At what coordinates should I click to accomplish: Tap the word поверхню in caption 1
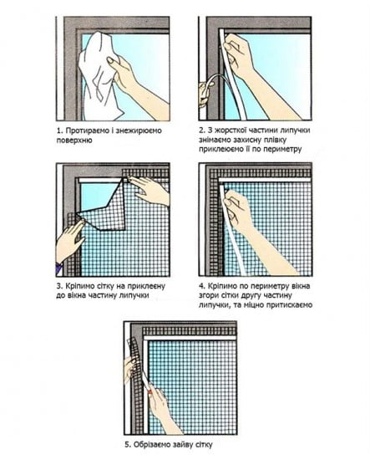pos(74,141)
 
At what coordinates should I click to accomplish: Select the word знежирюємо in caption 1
pos(139,130)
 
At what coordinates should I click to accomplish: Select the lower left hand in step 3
pos(68,241)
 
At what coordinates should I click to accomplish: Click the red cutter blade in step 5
pos(150,391)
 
